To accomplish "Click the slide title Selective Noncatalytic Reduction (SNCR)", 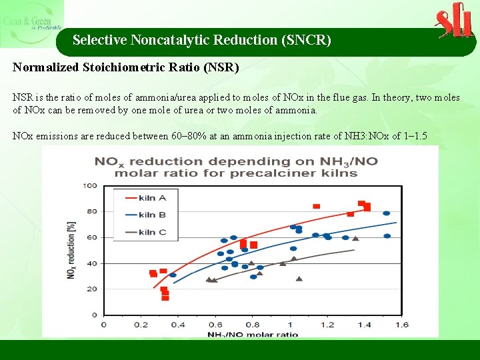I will click(201, 40).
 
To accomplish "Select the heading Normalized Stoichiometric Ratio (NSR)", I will click(126, 67).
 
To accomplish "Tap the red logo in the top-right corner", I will click(454, 21).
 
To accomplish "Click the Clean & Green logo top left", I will click(31, 24).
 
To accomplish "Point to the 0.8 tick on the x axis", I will click(252, 325).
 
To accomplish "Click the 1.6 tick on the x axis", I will click(401, 325).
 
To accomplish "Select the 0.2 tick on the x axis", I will click(140, 325).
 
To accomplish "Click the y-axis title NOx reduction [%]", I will click(71, 250).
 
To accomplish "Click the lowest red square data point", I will click(165, 298).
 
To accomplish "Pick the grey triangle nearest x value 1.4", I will click(355, 238).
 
